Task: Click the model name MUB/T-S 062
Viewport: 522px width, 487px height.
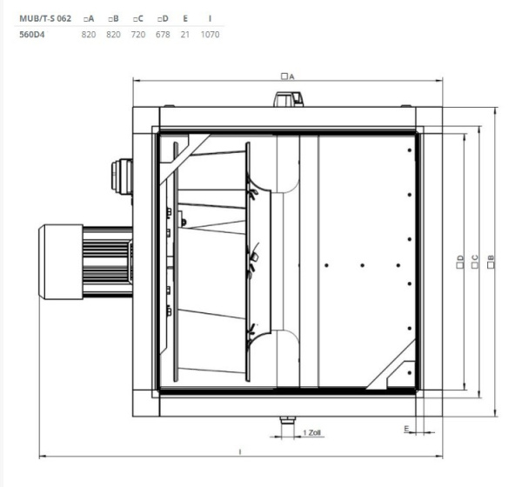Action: (x=44, y=18)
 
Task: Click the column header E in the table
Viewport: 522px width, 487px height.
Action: (x=185, y=18)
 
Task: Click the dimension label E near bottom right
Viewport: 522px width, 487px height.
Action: (x=407, y=429)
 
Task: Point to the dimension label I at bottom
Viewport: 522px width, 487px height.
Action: (x=238, y=450)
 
